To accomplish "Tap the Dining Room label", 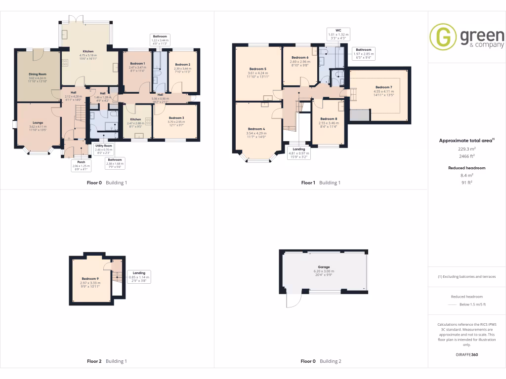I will (x=37, y=75).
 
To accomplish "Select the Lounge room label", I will (x=38, y=123).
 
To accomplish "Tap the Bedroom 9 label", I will (x=91, y=279).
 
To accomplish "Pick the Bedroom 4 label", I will (x=257, y=129).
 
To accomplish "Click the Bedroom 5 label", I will (x=258, y=69).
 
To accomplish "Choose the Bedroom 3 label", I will (x=176, y=118).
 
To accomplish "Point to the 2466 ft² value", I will (x=466, y=155).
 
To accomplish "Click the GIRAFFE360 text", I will (x=466, y=354).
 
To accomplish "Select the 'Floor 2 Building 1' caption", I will (x=107, y=361).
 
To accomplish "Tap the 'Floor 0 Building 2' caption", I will (x=321, y=361).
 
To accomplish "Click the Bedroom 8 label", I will (x=329, y=119).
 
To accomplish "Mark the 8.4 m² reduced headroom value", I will (x=466, y=175).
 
